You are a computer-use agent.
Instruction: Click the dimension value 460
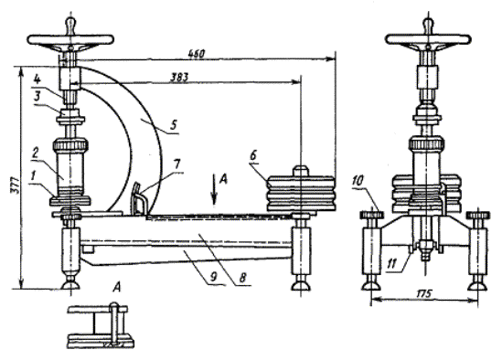point(196,54)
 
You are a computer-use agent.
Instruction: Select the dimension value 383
point(179,78)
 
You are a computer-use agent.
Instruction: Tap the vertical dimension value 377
point(15,185)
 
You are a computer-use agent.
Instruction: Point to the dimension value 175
point(424,293)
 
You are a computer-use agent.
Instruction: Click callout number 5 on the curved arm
point(173,124)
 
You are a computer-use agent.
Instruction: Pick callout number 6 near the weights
point(253,156)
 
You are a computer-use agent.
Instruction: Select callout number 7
point(177,165)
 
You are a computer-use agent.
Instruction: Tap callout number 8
point(242,277)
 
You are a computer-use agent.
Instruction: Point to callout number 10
point(358,181)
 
